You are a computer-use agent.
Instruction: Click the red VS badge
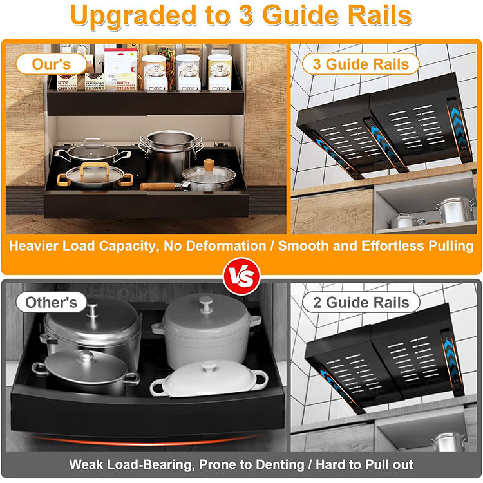pyautogui.click(x=241, y=276)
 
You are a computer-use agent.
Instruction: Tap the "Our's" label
pyautogui.click(x=51, y=64)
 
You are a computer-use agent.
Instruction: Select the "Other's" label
pyautogui.click(x=51, y=302)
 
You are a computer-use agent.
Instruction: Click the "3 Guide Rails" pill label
pyautogui.click(x=361, y=64)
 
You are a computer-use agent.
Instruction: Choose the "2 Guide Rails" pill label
pyautogui.click(x=361, y=302)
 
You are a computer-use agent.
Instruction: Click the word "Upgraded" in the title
pyautogui.click(x=133, y=16)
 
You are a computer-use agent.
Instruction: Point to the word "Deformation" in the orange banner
pyautogui.click(x=226, y=246)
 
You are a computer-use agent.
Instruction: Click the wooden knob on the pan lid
pyautogui.click(x=209, y=165)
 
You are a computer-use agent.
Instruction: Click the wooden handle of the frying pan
pyautogui.click(x=157, y=186)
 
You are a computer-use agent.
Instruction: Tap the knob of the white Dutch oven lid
pyautogui.click(x=206, y=303)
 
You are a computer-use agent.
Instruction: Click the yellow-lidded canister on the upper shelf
pyautogui.click(x=220, y=73)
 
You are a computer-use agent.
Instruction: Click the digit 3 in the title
pyautogui.click(x=247, y=15)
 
